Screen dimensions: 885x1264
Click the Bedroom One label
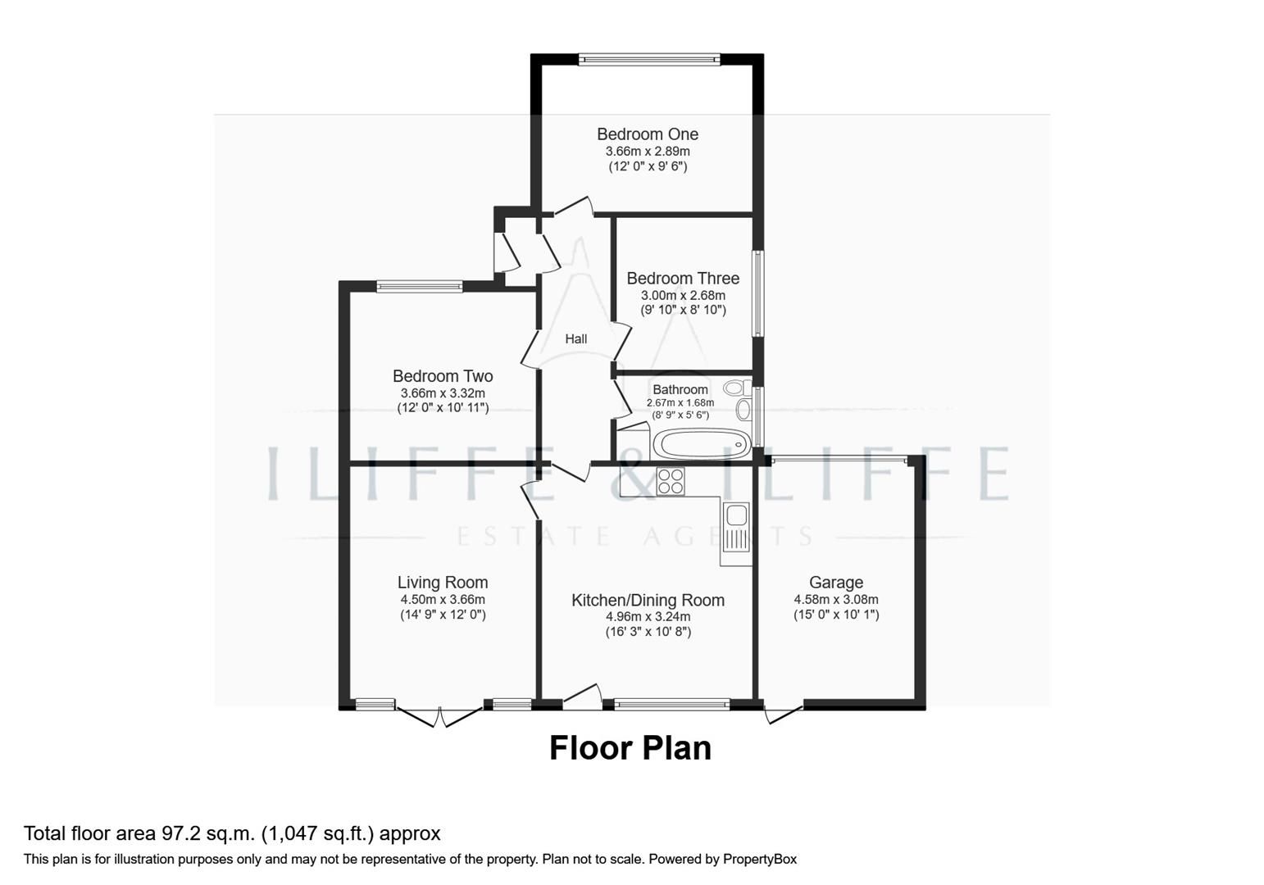tap(647, 134)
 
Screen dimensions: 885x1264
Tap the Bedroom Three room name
tap(683, 279)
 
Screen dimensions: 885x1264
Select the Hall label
tap(575, 338)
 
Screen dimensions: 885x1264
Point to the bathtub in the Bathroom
tap(702, 445)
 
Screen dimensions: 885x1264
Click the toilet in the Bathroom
tap(735, 388)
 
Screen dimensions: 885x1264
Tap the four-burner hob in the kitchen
tap(671, 480)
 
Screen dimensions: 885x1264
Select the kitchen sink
tap(736, 516)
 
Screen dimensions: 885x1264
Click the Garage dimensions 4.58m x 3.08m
tap(835, 599)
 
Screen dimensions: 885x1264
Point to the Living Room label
tap(443, 583)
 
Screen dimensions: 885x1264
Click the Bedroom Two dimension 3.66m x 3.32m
tap(443, 393)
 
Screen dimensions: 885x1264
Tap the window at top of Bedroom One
tap(648, 59)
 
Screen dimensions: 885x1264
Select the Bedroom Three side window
tap(758, 293)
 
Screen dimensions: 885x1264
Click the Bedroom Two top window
tap(420, 286)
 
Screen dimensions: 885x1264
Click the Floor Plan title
tap(630, 748)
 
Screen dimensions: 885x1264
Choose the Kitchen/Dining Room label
tap(648, 601)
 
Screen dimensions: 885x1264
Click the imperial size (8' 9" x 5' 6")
tap(680, 415)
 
